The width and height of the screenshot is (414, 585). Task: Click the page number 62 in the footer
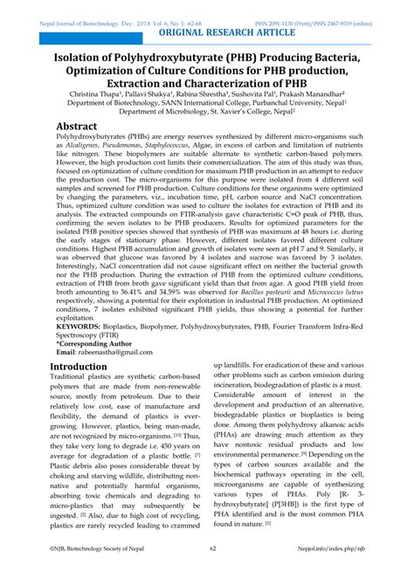[x=211, y=573]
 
